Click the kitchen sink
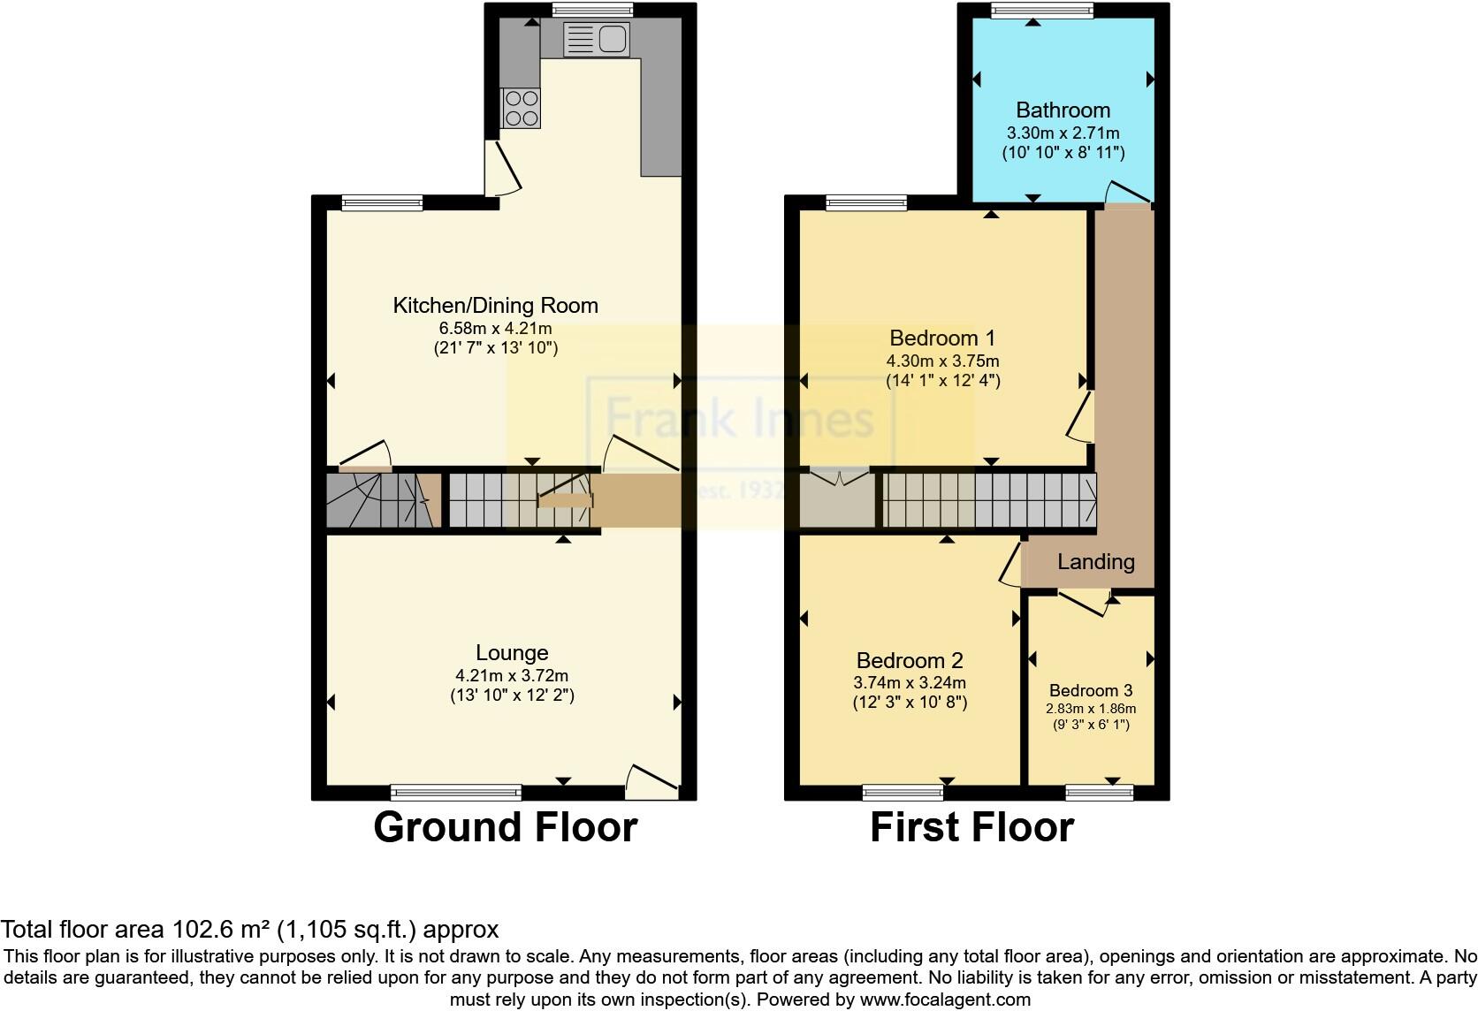(597, 40)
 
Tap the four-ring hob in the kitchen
(520, 109)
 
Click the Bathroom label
(1063, 110)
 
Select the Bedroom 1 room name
(942, 338)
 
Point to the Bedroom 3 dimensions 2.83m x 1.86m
(1091, 709)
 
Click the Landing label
(1095, 561)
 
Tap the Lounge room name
(512, 653)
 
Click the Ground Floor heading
(505, 828)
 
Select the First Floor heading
(971, 828)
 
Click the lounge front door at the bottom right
(651, 780)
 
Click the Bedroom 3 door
(1084, 604)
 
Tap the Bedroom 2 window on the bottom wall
(903, 793)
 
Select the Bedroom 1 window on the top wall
(866, 203)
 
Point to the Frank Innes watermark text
(739, 418)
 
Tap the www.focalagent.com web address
(945, 1000)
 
